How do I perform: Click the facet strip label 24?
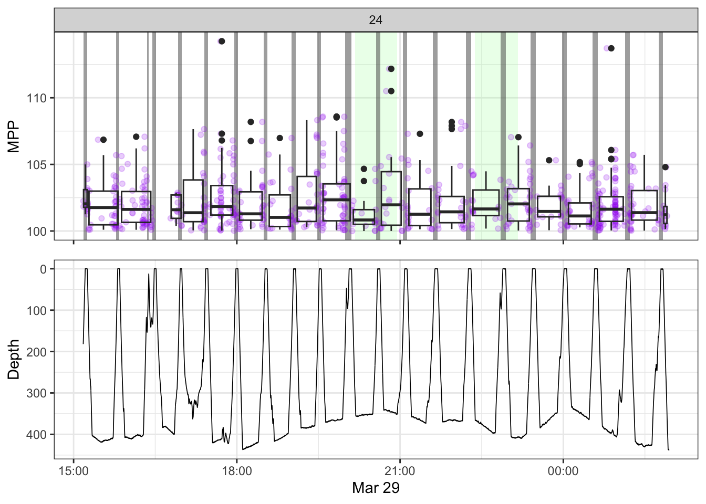376,20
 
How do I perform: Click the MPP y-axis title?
14,136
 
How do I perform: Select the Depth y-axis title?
14,359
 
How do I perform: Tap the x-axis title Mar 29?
376,488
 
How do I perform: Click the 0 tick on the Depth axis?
44,269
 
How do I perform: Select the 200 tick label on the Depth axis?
37,352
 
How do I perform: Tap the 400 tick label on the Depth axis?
37,435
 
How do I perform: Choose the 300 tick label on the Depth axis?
37,393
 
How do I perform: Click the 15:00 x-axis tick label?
74,471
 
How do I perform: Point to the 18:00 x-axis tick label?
237,471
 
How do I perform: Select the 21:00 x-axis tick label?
400,471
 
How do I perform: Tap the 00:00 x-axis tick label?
563,471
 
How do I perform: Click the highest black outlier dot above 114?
222,41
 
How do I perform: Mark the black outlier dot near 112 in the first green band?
391,69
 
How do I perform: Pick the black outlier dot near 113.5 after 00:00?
611,48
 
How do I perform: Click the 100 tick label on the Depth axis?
37,311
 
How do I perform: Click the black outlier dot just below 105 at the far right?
665,167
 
